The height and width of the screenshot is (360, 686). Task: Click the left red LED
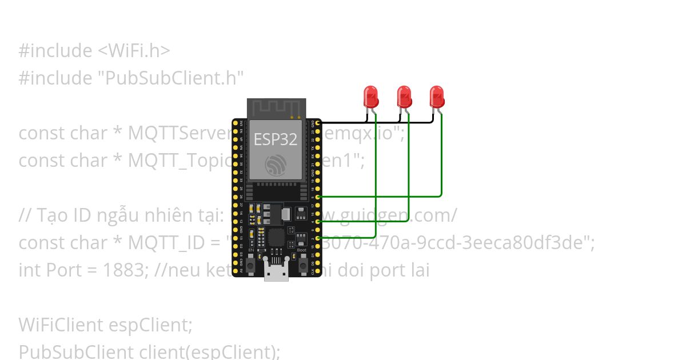tap(371, 96)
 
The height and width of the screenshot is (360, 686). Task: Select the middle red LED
tap(404, 96)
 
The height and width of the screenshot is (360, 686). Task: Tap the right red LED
tap(437, 96)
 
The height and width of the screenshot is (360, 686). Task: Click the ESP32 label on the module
tap(276, 139)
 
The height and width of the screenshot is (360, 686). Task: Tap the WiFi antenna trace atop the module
tap(276, 107)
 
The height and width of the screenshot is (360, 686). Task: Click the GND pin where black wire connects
tap(318, 122)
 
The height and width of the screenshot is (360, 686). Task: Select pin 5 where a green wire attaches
tap(318, 196)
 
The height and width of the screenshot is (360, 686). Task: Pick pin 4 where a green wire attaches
tap(318, 221)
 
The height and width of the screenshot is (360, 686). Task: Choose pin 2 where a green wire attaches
tap(318, 237)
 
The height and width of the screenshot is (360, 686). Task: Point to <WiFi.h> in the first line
tap(134, 51)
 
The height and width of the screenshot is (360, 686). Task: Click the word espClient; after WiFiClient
tap(150, 325)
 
